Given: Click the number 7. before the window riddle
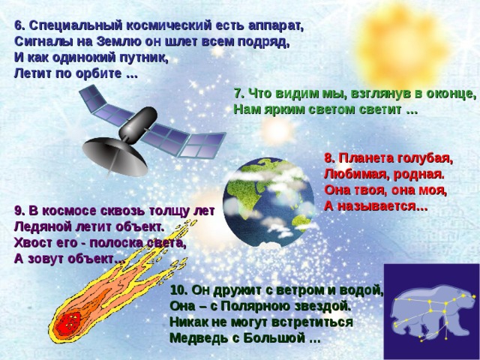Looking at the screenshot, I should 238,94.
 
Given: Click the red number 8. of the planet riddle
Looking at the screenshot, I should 330,158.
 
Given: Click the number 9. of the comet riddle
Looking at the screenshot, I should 19,211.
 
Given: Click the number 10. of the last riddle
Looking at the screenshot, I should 180,290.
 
